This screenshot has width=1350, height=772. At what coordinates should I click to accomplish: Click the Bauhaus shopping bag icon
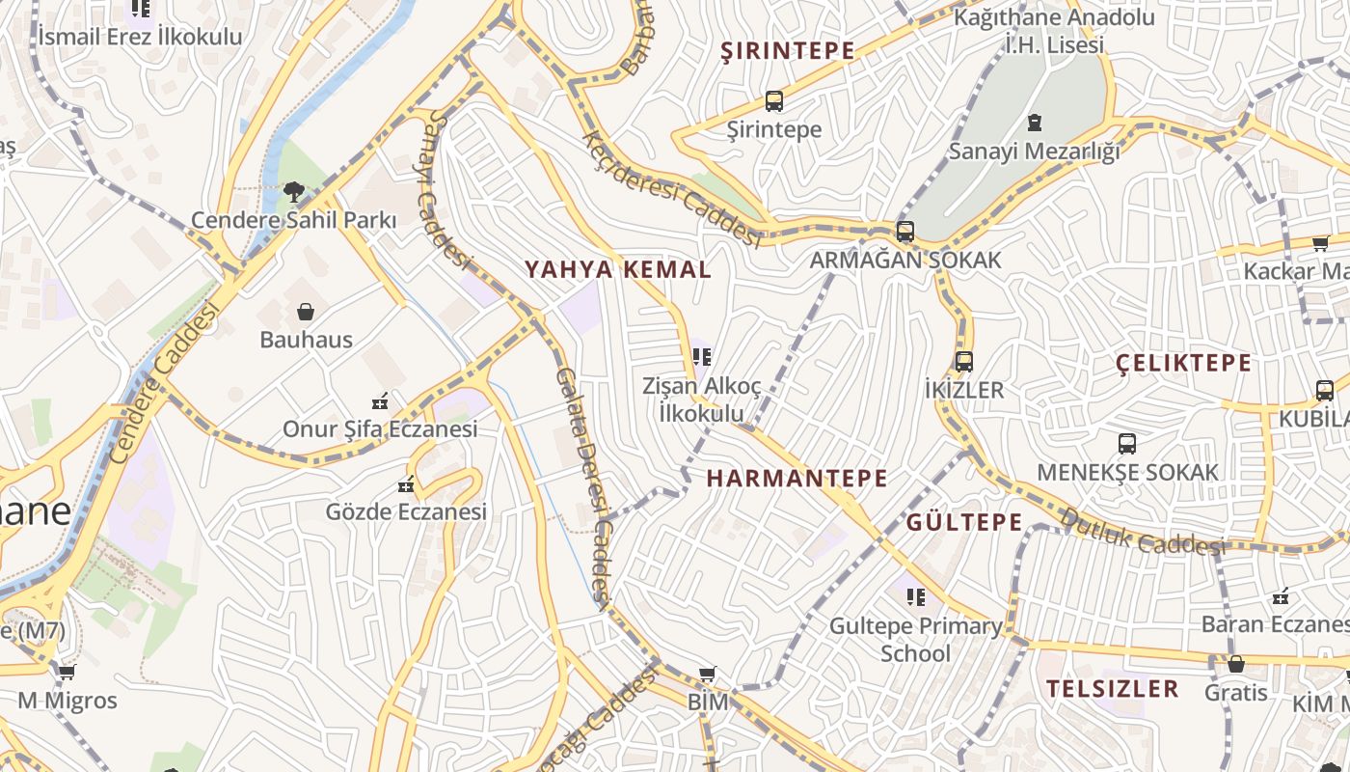(x=306, y=312)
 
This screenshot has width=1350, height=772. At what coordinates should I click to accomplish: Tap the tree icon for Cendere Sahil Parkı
(x=293, y=192)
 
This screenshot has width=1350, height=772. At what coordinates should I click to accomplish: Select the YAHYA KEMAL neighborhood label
(x=618, y=269)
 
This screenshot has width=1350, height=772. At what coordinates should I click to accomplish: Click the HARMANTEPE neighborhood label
(x=796, y=478)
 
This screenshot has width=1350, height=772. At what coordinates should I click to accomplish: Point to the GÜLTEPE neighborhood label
(x=964, y=522)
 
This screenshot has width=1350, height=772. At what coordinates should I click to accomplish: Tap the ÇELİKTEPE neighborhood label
(x=1183, y=363)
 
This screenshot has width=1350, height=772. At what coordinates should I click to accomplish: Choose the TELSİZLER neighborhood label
(x=1113, y=688)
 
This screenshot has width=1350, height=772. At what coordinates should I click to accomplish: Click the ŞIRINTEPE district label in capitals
(x=788, y=51)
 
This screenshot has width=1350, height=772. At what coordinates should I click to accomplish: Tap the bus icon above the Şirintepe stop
(x=773, y=100)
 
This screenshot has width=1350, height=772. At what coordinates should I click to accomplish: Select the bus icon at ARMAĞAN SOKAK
(x=904, y=232)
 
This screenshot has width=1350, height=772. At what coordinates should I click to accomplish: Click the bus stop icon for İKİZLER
(x=963, y=362)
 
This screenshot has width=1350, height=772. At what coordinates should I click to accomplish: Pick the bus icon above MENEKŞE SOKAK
(x=1126, y=444)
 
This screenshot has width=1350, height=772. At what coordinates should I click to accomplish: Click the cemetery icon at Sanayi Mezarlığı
(x=1034, y=123)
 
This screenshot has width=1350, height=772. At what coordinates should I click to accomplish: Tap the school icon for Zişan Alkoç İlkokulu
(x=701, y=357)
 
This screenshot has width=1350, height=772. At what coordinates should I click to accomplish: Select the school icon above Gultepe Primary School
(x=915, y=597)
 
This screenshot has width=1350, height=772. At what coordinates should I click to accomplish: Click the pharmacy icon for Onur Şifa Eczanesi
(x=380, y=400)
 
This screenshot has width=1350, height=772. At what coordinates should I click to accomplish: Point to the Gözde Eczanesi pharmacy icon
(x=406, y=483)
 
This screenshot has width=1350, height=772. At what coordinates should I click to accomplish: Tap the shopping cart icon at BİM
(x=708, y=674)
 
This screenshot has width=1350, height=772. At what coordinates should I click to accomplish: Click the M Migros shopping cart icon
(x=67, y=672)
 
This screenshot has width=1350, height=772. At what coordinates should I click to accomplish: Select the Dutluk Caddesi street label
(x=1142, y=533)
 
